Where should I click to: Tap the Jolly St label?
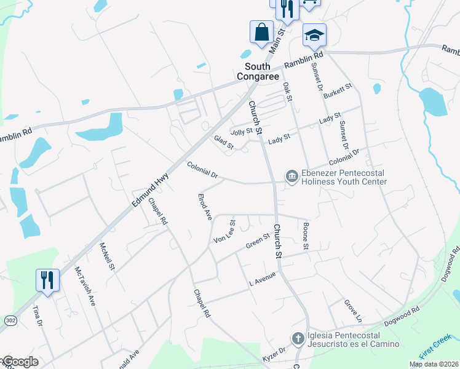(x=241, y=131)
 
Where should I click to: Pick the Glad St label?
(x=224, y=143)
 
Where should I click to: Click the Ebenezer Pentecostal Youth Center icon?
(x=291, y=177)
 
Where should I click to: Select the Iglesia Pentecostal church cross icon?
(x=297, y=339)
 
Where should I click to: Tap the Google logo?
(x=20, y=362)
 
